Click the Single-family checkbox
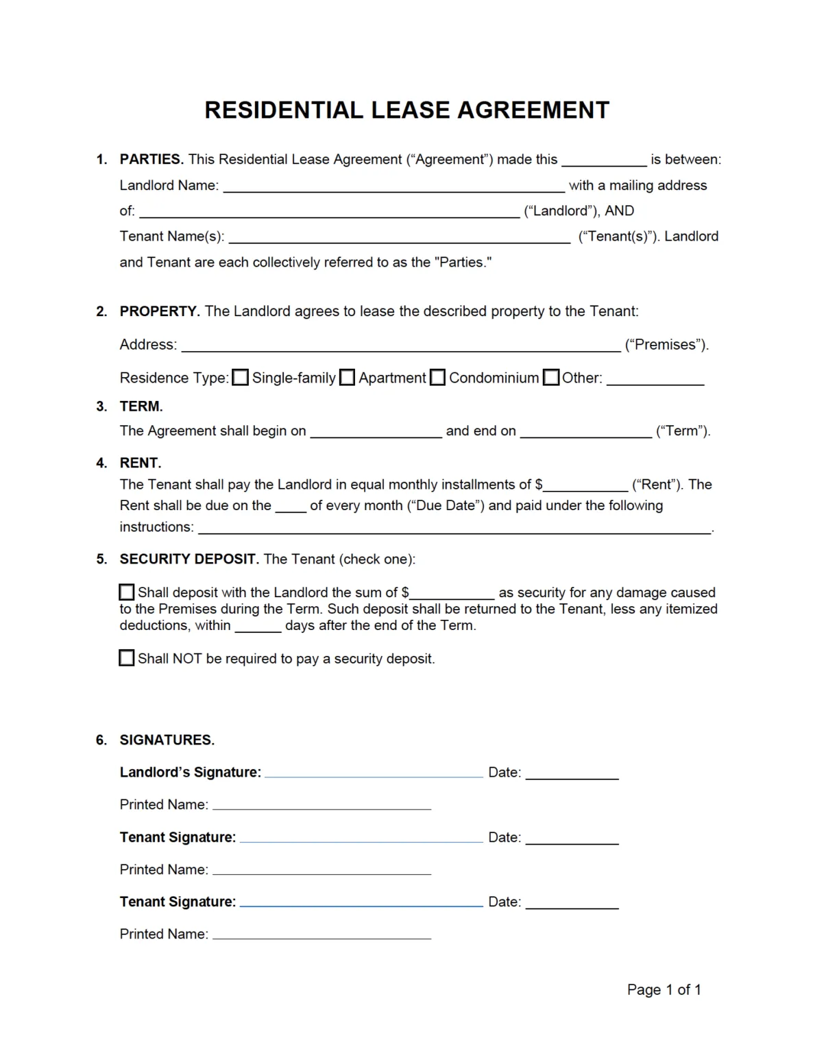click(240, 378)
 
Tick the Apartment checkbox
click(348, 378)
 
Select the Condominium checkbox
click(437, 378)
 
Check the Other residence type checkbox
click(551, 378)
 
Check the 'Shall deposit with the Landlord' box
click(127, 592)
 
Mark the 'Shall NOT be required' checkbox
click(127, 658)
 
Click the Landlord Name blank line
click(393, 186)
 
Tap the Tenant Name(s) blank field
click(399, 237)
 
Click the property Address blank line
click(400, 346)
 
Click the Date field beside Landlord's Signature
click(572, 773)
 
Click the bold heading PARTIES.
click(151, 159)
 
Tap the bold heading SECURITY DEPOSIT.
click(189, 559)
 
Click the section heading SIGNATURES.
click(167, 740)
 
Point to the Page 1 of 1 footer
click(664, 990)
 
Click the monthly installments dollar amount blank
click(585, 485)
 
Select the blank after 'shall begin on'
click(376, 432)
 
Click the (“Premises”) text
click(666, 345)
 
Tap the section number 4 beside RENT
click(101, 463)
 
